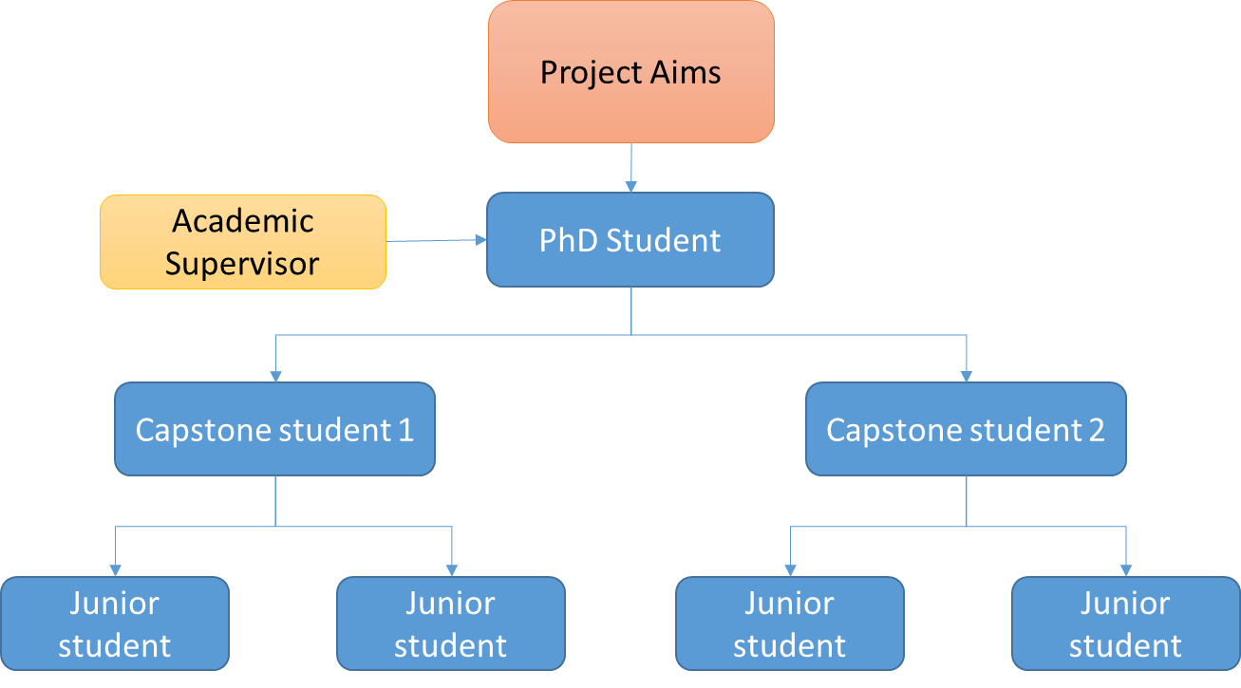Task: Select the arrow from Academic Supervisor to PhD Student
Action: point(436,240)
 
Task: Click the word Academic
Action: point(243,221)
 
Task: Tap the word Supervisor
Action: point(242,263)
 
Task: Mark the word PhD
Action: point(568,240)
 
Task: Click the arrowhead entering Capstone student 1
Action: point(275,376)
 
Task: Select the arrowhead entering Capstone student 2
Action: point(967,376)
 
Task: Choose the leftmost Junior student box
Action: point(115,623)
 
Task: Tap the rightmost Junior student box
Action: point(1125,623)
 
